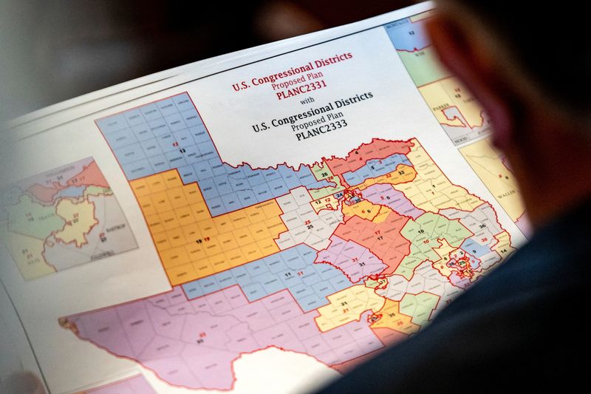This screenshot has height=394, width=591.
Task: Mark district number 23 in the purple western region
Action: click(200, 339)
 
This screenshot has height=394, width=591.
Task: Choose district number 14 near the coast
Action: click(502, 251)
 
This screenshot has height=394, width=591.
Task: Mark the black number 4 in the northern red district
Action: click(358, 153)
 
